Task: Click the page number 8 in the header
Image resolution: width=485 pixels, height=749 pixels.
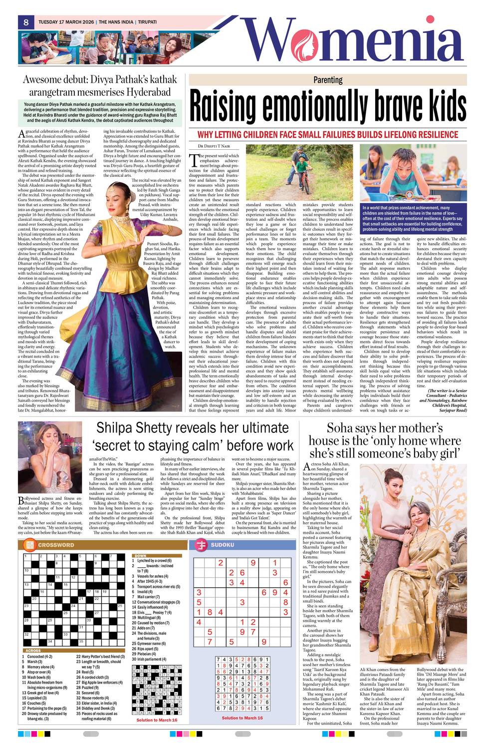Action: (x=25, y=22)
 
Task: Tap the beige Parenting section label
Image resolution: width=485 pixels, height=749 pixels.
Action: (x=328, y=80)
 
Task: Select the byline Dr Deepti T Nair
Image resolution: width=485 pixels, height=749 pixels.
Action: (x=214, y=146)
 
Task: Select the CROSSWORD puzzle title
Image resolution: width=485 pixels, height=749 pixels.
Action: (x=56, y=545)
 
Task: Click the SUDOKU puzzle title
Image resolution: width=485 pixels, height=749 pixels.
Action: (x=222, y=545)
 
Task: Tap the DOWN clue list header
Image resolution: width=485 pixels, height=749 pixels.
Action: (x=140, y=556)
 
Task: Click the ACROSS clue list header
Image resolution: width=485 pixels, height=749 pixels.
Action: (x=33, y=651)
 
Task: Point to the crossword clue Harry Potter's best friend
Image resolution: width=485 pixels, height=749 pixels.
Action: (x=100, y=657)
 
